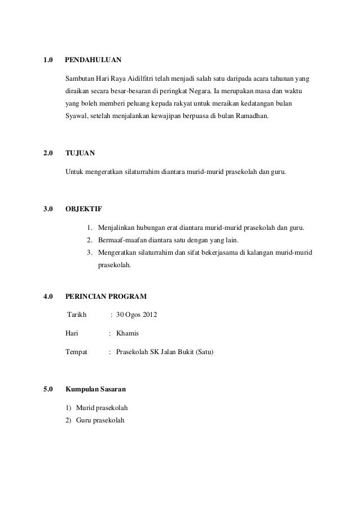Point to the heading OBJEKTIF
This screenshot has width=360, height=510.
click(x=84, y=210)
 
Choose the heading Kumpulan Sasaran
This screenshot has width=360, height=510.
click(x=96, y=390)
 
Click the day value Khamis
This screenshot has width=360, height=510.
click(x=128, y=333)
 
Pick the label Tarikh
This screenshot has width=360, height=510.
click(x=78, y=315)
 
